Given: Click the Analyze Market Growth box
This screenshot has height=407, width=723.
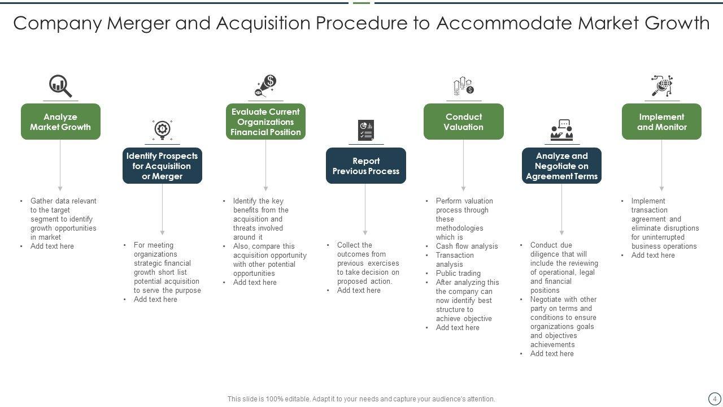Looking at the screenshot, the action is click(60, 122).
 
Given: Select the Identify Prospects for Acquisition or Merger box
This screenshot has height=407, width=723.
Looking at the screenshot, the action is click(162, 166).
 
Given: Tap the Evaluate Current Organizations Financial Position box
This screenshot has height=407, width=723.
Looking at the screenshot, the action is click(265, 122).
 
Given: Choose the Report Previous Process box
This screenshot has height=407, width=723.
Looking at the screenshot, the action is click(365, 166).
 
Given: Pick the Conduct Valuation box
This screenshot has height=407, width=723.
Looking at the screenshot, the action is click(463, 122).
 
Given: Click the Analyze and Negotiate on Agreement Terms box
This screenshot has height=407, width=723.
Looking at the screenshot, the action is click(561, 166).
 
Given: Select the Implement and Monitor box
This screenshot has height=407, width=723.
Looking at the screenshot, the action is click(661, 122).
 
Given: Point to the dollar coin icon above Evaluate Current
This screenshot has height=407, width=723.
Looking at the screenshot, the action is click(266, 85).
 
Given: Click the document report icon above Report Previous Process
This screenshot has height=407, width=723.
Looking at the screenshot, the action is click(365, 130).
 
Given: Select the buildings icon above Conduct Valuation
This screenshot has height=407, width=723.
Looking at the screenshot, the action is click(463, 86).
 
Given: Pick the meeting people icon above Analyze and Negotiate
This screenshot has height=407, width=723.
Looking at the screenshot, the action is click(562, 131).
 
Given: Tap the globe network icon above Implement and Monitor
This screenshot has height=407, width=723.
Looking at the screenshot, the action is click(661, 85).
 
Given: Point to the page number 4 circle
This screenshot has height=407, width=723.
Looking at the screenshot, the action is click(715, 399).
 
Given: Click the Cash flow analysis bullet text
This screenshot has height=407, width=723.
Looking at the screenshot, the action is click(467, 246).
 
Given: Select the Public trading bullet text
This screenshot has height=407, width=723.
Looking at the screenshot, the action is click(458, 274).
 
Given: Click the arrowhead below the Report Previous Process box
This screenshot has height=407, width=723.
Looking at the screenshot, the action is click(365, 232).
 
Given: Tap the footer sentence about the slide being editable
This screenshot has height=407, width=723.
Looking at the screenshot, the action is click(361, 399).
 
